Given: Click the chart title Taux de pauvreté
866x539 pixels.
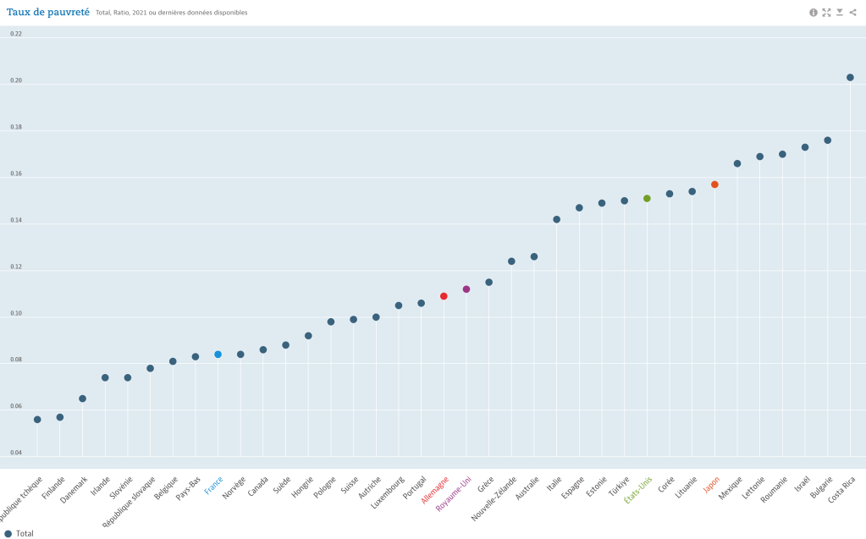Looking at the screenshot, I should (48, 12).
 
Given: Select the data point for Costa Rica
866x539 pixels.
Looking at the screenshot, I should (850, 77).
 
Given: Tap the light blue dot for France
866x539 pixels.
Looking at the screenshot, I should (218, 355).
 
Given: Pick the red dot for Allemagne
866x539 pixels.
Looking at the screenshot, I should (444, 296).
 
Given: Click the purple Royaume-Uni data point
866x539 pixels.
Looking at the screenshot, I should (466, 289).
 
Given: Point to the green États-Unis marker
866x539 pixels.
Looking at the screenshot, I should (647, 198).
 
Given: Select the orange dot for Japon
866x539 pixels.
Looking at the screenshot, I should (714, 184).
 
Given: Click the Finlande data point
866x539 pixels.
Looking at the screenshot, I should (60, 417).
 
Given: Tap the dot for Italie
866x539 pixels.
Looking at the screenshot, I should (557, 219).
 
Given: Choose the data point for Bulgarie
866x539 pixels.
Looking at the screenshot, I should (828, 140).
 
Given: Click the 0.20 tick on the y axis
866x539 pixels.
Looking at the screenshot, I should (16, 81).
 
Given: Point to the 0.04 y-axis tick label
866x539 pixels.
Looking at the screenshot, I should (16, 453).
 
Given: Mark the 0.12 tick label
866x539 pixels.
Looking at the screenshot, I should (16, 267).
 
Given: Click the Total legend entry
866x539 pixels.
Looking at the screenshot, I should (20, 533).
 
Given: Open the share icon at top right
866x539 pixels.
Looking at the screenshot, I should (852, 13).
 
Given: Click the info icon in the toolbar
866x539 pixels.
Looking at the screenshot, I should (814, 13).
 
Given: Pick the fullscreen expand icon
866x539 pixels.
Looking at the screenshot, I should (826, 13).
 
